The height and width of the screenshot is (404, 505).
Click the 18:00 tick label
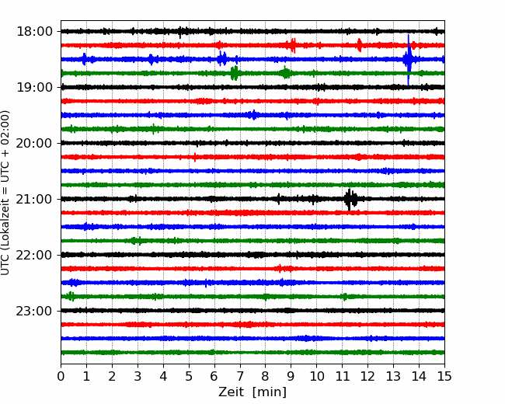[34, 32]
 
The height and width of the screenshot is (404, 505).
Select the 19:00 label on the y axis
[34, 87]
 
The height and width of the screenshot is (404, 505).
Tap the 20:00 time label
[34, 143]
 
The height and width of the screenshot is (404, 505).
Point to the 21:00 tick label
[34, 199]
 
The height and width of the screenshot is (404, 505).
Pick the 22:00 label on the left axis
[34, 255]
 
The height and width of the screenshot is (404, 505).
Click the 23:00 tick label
[34, 311]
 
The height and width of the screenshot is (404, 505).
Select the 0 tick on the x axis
[61, 376]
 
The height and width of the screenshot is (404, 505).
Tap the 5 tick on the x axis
[189, 376]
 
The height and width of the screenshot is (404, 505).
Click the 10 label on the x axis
[316, 376]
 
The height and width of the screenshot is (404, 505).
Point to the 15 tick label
[444, 376]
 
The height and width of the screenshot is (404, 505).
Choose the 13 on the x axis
[393, 376]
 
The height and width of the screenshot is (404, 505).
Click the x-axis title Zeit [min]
[252, 392]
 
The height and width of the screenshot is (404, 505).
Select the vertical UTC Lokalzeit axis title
[5, 193]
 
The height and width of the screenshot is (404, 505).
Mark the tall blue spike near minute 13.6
[409, 60]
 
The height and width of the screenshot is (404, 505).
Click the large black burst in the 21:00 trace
[350, 199]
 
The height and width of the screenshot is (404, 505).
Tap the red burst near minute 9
[292, 45]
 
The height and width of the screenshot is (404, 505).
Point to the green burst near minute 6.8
[235, 74]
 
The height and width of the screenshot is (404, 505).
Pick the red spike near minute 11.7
[360, 45]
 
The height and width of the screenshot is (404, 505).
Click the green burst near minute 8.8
[285, 73]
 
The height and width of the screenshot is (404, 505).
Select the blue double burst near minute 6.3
[222, 59]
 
